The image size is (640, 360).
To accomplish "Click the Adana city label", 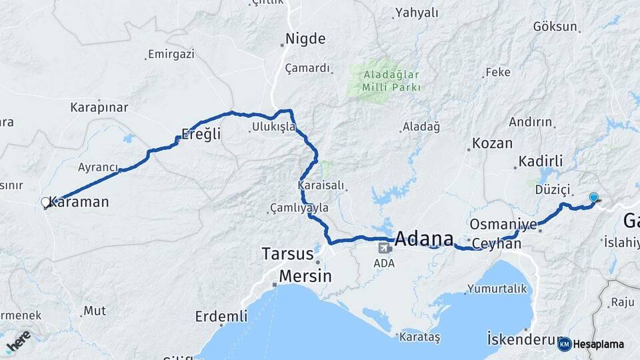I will [424, 238].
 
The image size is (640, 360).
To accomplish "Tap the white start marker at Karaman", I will [45, 202].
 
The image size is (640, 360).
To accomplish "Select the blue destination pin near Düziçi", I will [594, 197].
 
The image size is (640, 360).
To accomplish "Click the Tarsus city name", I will [287, 254].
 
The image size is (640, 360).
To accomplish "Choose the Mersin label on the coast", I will [304, 275].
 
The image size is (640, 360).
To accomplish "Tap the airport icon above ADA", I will [384, 249].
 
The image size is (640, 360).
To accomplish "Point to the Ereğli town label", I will [201, 135].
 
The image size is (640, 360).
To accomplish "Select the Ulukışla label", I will [273, 127].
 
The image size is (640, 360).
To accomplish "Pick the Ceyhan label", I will [496, 244].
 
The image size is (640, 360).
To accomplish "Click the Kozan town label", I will [492, 143].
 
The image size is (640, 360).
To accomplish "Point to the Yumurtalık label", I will [497, 289].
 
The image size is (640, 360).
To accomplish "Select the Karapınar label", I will [99, 107].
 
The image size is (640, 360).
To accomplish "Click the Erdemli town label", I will [221, 316].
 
